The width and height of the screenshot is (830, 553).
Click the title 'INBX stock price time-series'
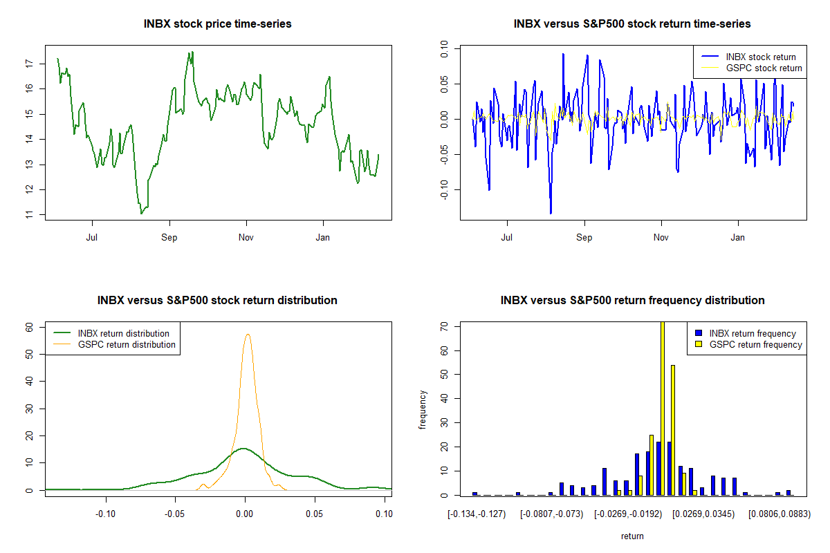coord(217,24)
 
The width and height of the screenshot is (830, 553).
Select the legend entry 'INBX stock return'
coord(760,57)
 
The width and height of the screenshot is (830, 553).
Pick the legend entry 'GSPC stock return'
coord(764,68)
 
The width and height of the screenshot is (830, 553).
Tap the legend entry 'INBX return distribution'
coord(123,333)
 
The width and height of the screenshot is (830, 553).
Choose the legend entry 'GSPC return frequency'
coord(755,344)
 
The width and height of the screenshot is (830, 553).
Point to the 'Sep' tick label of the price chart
coord(169,237)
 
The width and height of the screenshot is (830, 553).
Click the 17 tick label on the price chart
coord(29,64)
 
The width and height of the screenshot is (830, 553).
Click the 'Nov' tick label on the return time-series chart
coord(661,237)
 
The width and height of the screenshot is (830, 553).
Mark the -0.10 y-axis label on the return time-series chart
coord(444,189)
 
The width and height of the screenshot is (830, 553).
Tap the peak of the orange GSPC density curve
coord(248,335)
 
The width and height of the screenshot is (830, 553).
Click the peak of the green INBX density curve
coord(243,449)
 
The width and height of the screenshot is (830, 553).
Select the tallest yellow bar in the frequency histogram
coord(663,408)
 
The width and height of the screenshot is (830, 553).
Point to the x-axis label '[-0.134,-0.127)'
coord(477,514)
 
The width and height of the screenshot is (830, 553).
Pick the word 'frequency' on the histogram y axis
coord(423,410)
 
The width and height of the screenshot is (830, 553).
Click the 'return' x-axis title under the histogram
coord(632,536)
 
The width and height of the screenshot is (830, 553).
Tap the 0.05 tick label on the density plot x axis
coord(314,514)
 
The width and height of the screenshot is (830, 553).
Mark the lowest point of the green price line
coord(141,214)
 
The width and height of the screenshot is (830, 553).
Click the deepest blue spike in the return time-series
coord(551,214)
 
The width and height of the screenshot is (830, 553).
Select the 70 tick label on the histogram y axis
coord(444,326)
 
